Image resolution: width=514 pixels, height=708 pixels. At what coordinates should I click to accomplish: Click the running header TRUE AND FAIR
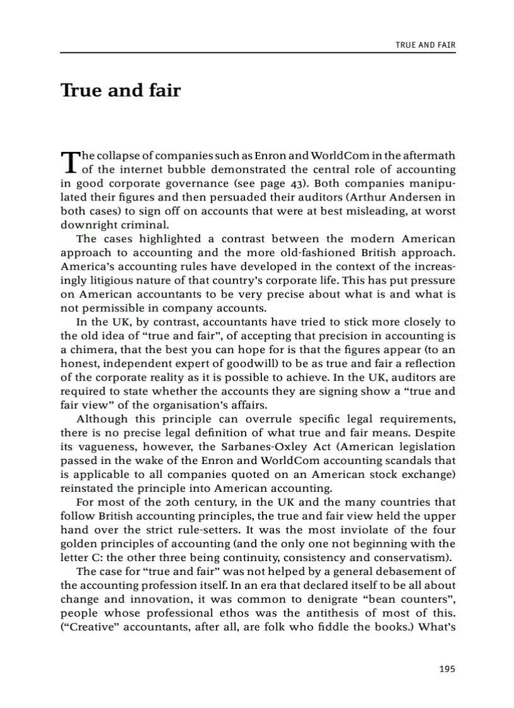coord(425,45)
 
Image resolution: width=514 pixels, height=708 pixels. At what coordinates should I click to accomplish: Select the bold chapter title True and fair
coord(120,91)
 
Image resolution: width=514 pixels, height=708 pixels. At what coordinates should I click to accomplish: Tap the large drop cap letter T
coord(68,161)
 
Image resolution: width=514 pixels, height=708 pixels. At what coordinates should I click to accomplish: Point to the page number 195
coord(447,669)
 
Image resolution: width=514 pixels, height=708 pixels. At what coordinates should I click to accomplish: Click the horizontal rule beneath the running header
coord(258,53)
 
